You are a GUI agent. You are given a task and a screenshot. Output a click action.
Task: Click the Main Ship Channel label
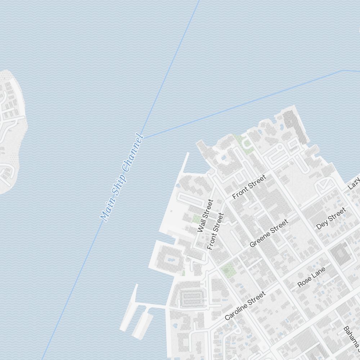(x=122, y=178)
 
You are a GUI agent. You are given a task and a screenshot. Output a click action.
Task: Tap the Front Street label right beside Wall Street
(x=216, y=231)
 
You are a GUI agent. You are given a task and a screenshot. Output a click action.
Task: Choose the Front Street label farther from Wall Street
(x=249, y=187)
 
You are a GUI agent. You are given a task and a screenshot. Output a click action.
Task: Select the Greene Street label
(x=269, y=233)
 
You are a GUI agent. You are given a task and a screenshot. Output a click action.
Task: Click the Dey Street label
(x=331, y=218)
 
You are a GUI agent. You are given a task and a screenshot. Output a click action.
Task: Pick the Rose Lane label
(x=312, y=277)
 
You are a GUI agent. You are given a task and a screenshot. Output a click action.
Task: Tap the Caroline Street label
(x=245, y=306)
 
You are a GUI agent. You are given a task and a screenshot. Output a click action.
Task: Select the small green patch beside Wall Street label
(x=196, y=219)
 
